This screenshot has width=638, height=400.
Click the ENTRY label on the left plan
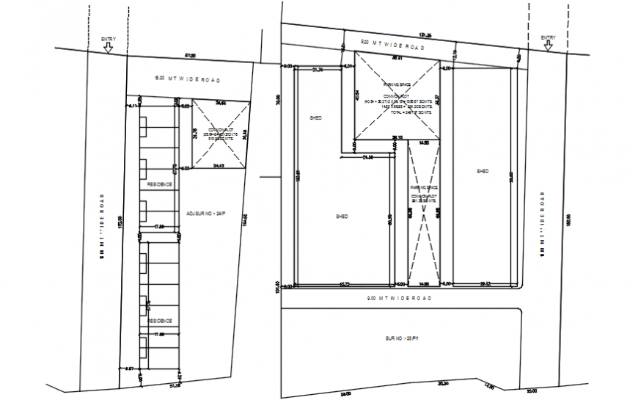(108, 37)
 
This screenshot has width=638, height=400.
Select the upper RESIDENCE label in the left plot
(161, 184)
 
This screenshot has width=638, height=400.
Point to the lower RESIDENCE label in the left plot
(161, 321)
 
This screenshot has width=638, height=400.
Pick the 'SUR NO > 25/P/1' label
(399, 339)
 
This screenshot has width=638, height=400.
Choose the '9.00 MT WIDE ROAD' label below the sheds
(400, 299)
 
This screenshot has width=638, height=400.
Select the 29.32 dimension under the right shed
(485, 284)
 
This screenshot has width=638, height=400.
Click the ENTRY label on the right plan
(549, 37)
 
